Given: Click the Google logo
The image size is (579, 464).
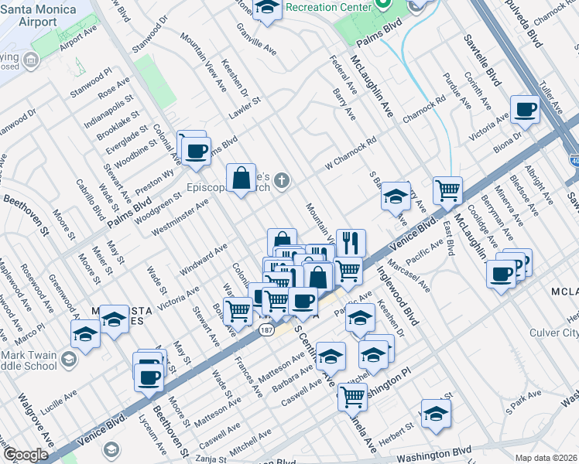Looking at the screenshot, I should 25,455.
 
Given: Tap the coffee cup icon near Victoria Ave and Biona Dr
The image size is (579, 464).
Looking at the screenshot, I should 525,110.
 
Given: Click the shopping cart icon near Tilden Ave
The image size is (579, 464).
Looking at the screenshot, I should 447,189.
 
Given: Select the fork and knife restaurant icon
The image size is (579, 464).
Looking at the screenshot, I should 351,243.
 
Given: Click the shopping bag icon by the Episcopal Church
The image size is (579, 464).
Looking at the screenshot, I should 242,178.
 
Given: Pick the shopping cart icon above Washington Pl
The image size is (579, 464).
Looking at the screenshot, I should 352,397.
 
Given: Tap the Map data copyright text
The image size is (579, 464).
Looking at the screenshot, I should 545,457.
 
